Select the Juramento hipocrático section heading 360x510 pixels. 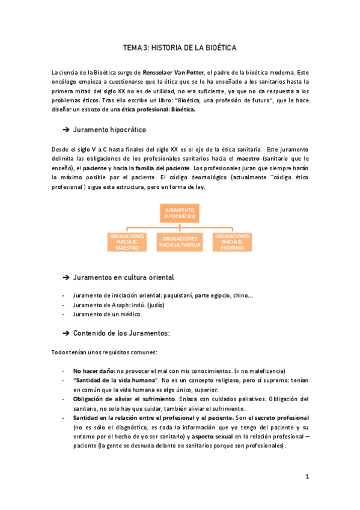click(x=109, y=129)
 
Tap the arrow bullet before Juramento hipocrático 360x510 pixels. click(x=66, y=130)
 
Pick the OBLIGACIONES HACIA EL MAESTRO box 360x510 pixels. click(x=127, y=241)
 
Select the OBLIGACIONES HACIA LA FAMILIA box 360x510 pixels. click(x=180, y=242)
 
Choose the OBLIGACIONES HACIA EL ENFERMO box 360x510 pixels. click(x=233, y=241)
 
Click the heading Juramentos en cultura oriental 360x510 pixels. click(x=123, y=277)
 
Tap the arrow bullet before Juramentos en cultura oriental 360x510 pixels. click(x=66, y=278)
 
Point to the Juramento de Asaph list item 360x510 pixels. click(x=118, y=305)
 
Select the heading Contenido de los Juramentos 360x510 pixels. click(x=121, y=333)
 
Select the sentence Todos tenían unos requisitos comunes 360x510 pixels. click(x=105, y=352)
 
